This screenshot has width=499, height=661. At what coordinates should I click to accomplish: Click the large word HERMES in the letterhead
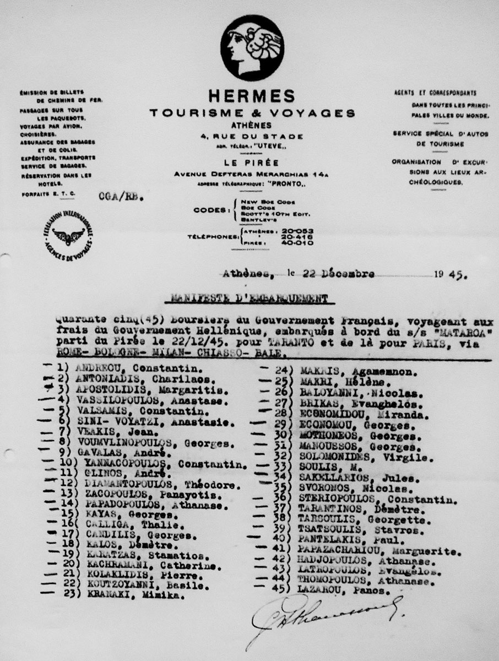coord(252,96)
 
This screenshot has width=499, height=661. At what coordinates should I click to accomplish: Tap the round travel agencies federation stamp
coord(68,236)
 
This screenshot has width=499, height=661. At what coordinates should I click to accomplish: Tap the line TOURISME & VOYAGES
coord(252,113)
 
